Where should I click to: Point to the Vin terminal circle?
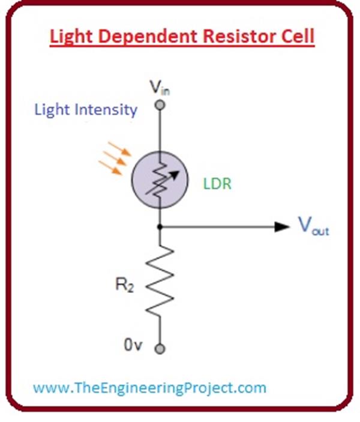click(x=160, y=106)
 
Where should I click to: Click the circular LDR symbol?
click(x=160, y=180)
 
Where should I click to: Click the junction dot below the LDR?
click(x=160, y=228)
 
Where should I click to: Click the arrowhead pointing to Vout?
click(x=281, y=228)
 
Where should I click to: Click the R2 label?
click(x=124, y=286)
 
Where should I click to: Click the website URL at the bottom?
click(x=149, y=388)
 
